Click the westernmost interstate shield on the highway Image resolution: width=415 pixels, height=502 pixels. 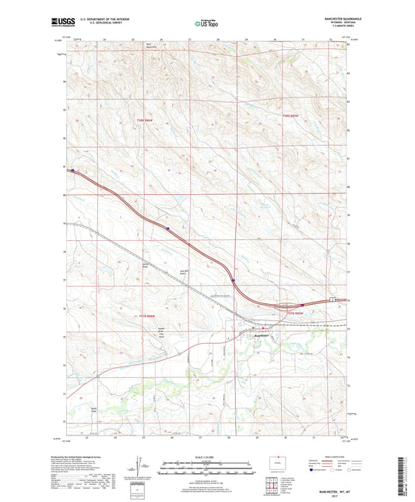[x=72, y=171]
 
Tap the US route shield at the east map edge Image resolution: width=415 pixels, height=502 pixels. [x=331, y=299]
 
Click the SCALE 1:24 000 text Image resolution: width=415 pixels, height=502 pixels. [x=207, y=458]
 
